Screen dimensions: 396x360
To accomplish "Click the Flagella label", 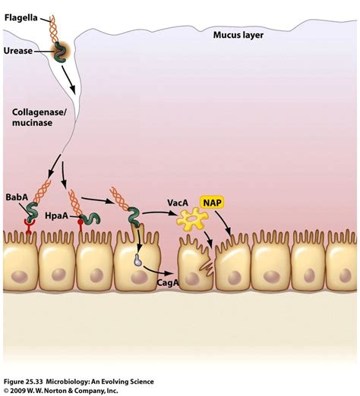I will [22, 15].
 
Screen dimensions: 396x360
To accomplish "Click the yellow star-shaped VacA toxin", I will [191, 221].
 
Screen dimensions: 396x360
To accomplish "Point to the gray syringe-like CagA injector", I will [137, 259].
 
